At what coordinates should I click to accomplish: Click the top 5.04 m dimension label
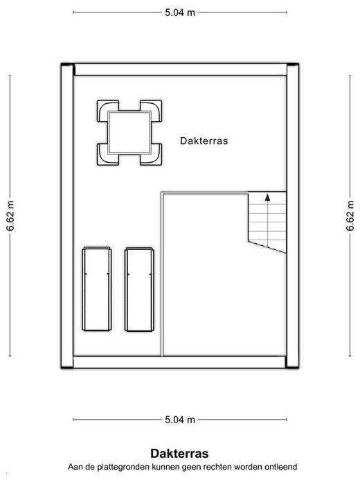click(180, 12)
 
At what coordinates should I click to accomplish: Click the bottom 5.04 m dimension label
click(180, 419)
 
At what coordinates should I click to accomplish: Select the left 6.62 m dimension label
click(10, 216)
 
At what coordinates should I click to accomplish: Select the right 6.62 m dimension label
click(350, 216)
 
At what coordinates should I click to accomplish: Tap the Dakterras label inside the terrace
click(204, 141)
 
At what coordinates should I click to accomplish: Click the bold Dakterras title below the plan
click(179, 454)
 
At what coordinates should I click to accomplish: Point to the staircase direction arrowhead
click(268, 197)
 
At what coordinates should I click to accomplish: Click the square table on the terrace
click(129, 132)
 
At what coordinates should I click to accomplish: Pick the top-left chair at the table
click(108, 111)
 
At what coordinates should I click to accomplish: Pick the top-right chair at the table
click(151, 111)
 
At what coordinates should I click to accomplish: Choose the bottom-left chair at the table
click(108, 154)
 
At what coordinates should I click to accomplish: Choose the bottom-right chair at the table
click(151, 154)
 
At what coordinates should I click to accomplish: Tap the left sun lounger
click(97, 289)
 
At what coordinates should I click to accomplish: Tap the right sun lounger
click(139, 289)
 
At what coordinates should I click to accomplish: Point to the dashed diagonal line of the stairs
click(267, 247)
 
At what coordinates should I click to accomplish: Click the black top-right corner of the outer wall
click(293, 64)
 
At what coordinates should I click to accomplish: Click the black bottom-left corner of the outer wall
click(67, 366)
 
